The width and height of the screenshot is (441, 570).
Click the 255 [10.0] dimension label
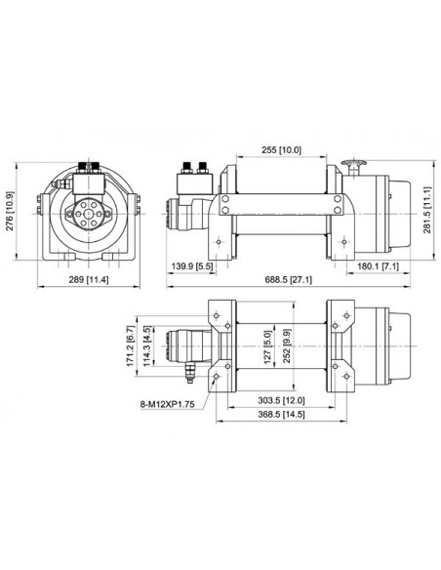280,149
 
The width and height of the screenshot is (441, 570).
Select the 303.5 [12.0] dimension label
282,400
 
